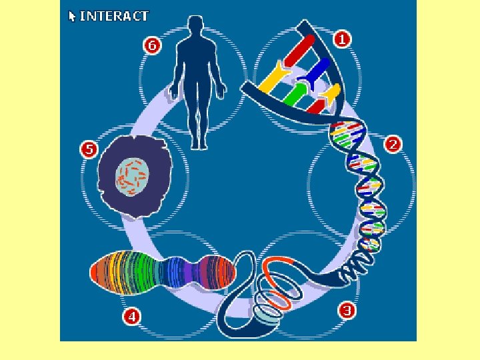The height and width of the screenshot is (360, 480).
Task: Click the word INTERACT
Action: coord(114,15)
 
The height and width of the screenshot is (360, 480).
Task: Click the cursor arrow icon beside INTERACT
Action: coord(72,15)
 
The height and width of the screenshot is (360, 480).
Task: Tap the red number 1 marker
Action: coord(343,39)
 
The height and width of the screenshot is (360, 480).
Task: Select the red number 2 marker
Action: coord(393,144)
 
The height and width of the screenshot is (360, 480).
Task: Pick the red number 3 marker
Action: coord(346,310)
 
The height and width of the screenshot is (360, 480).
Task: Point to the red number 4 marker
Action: coord(131,317)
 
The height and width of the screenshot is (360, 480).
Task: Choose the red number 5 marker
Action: coord(88,149)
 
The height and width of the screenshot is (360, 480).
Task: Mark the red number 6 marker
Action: coord(153,45)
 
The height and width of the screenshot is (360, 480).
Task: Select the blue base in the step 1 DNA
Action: coord(317,69)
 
